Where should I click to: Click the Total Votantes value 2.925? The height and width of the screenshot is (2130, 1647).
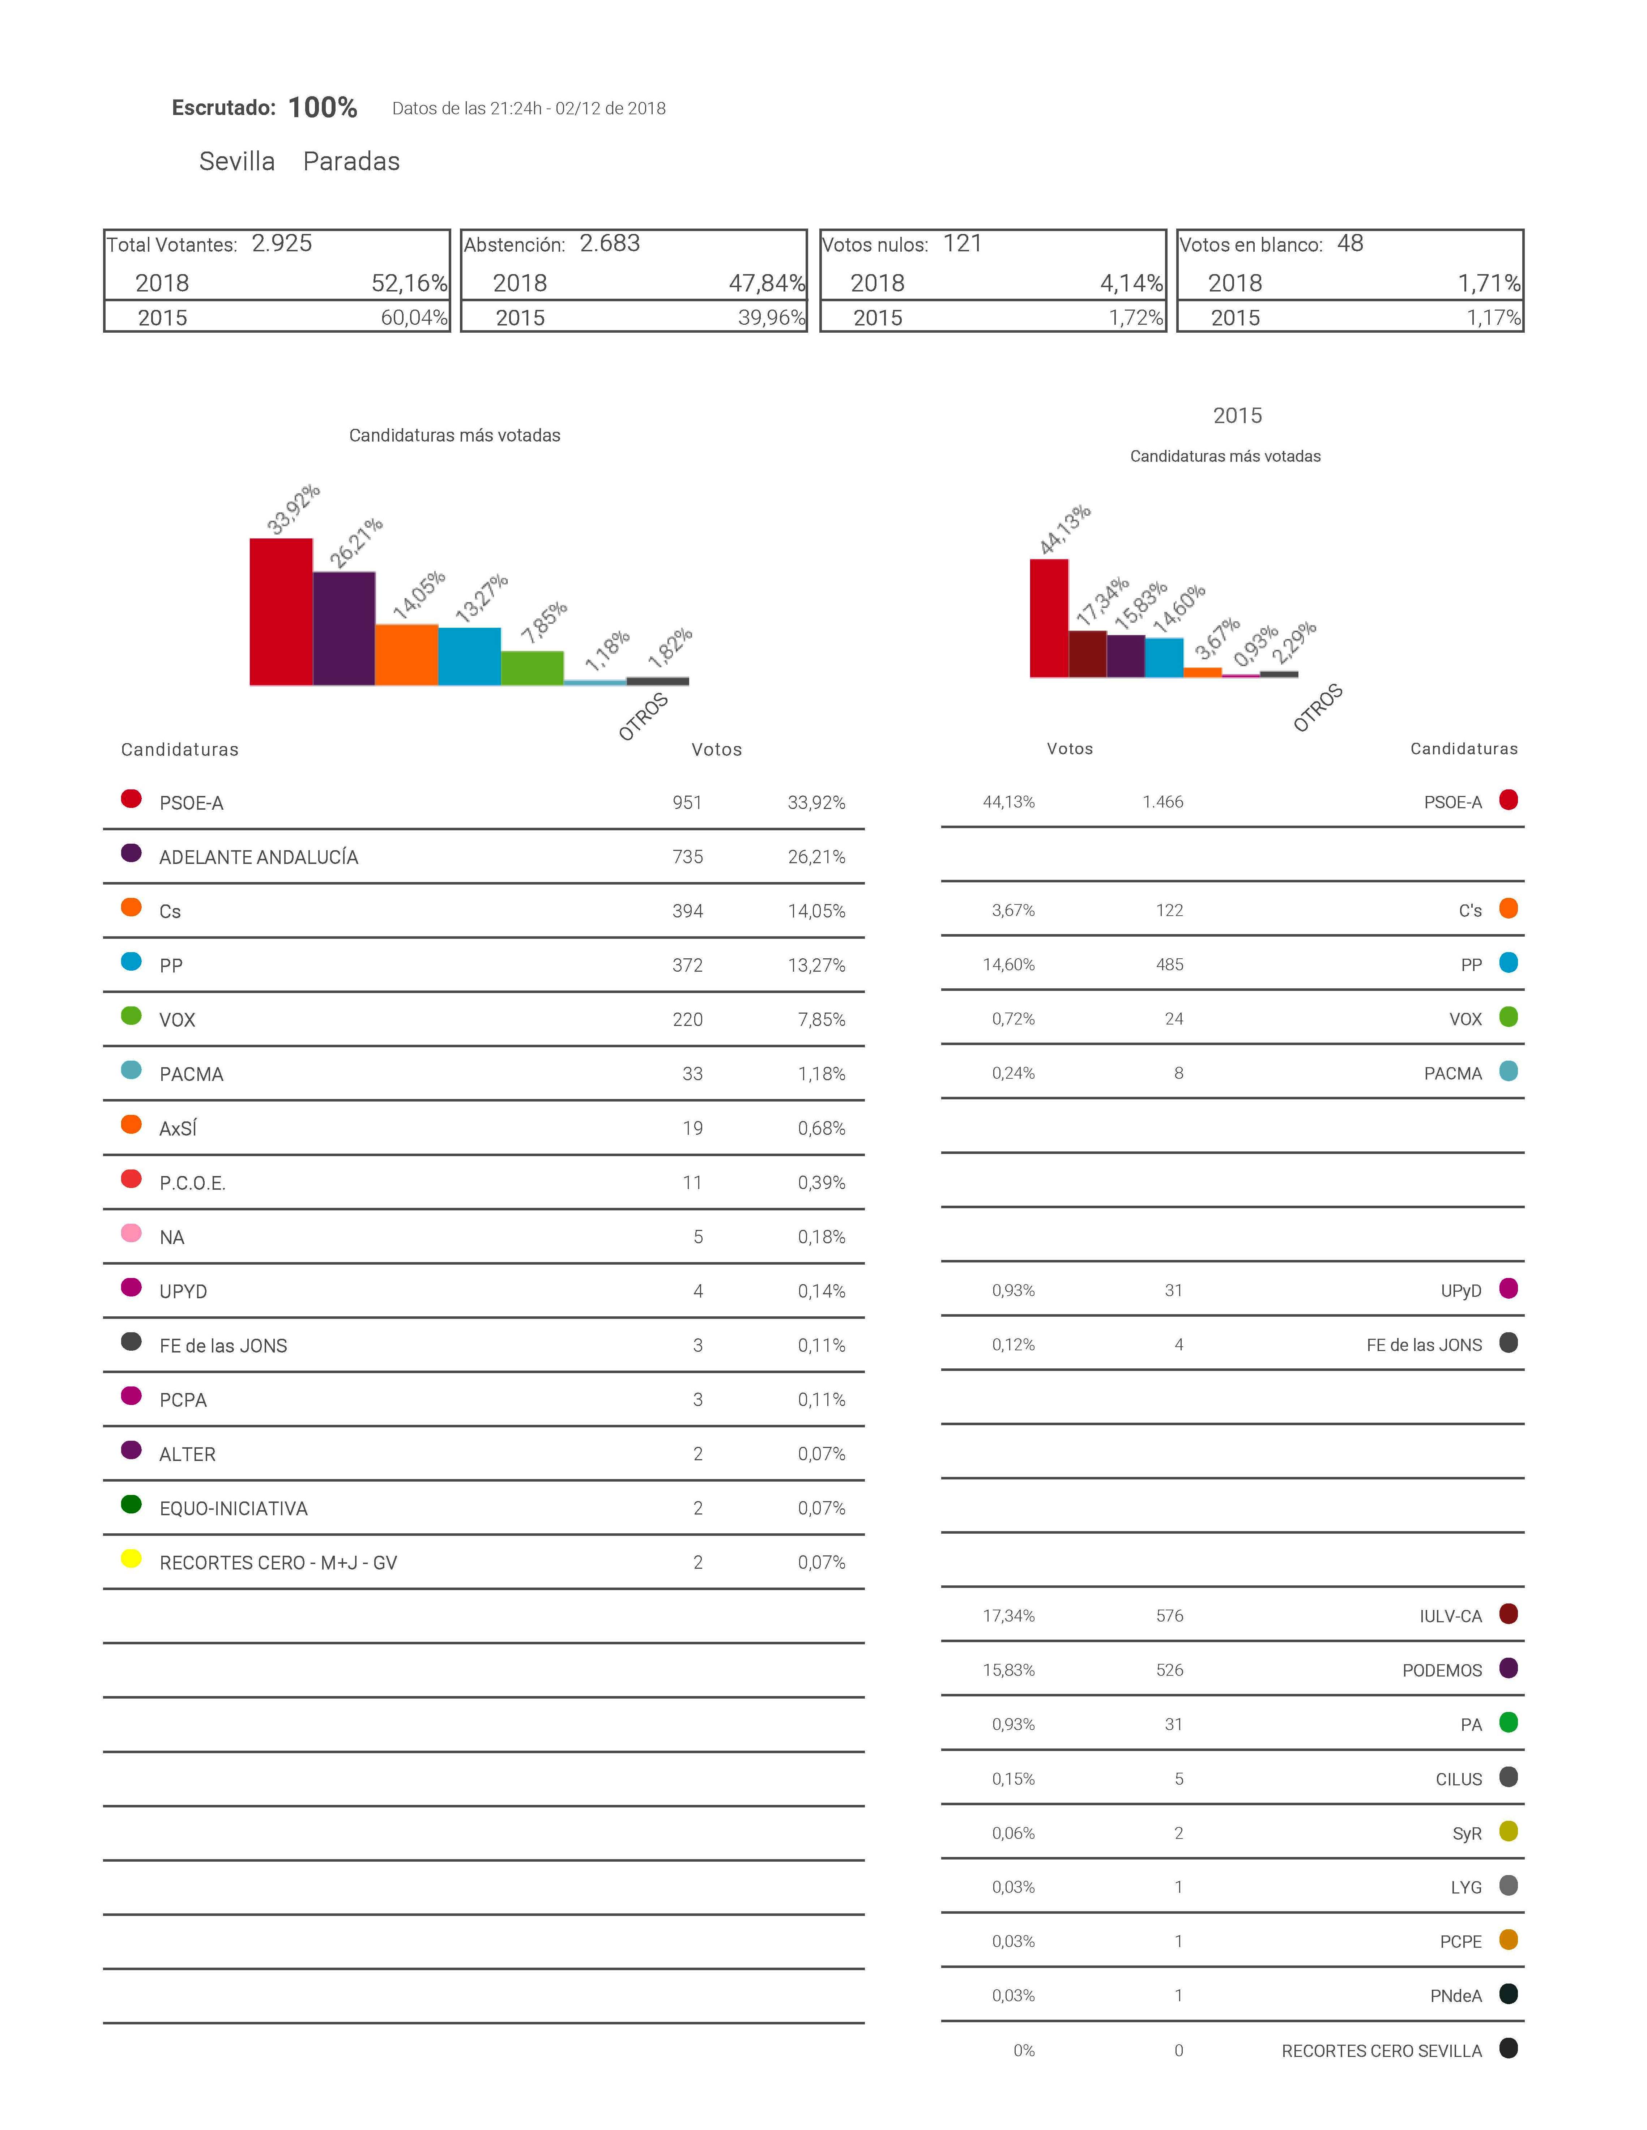pyautogui.click(x=282, y=244)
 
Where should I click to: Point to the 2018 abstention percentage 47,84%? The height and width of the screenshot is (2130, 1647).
pyautogui.click(x=767, y=284)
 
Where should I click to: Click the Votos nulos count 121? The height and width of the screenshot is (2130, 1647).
pyautogui.click(x=963, y=244)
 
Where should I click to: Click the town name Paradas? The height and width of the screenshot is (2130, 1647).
pyautogui.click(x=351, y=162)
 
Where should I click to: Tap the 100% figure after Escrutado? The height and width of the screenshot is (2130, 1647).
pyautogui.click(x=323, y=108)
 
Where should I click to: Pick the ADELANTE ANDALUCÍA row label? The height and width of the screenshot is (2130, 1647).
pyautogui.click(x=259, y=857)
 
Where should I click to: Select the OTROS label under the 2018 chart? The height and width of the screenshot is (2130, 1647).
pyautogui.click(x=644, y=717)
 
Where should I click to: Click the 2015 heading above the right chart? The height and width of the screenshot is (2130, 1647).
pyautogui.click(x=1237, y=416)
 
